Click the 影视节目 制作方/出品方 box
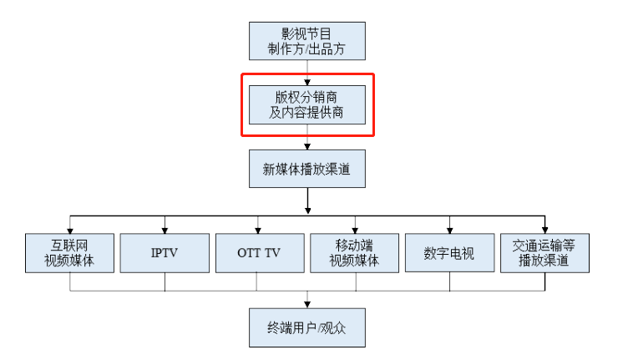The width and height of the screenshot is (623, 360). [x=307, y=41]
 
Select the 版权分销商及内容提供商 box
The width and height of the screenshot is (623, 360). [x=307, y=104]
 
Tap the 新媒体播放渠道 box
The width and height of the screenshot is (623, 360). [x=307, y=169]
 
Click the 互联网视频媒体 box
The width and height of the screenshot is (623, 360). [x=69, y=253]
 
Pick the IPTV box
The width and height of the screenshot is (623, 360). [x=165, y=253]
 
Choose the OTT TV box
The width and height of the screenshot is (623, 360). [x=260, y=253]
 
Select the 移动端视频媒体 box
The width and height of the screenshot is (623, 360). [x=354, y=253]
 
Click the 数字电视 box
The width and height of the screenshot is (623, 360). [x=450, y=253]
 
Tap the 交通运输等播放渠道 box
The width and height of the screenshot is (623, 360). [x=544, y=253]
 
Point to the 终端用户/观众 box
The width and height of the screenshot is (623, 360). [x=307, y=327]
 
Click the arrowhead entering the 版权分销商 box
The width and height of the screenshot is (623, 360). [x=307, y=83]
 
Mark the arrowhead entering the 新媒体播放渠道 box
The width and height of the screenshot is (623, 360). [x=307, y=147]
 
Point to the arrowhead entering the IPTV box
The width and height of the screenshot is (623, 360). [x=165, y=231]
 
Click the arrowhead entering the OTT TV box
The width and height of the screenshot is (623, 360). [x=258, y=231]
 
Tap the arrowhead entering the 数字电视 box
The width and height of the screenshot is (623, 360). [x=450, y=231]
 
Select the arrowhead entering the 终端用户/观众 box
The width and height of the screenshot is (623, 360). [x=307, y=305]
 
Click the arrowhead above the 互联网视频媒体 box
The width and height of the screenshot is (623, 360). [x=70, y=231]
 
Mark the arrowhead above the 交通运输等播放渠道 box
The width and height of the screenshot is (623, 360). [x=544, y=231]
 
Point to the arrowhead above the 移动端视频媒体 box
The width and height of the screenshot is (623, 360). [x=355, y=231]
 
